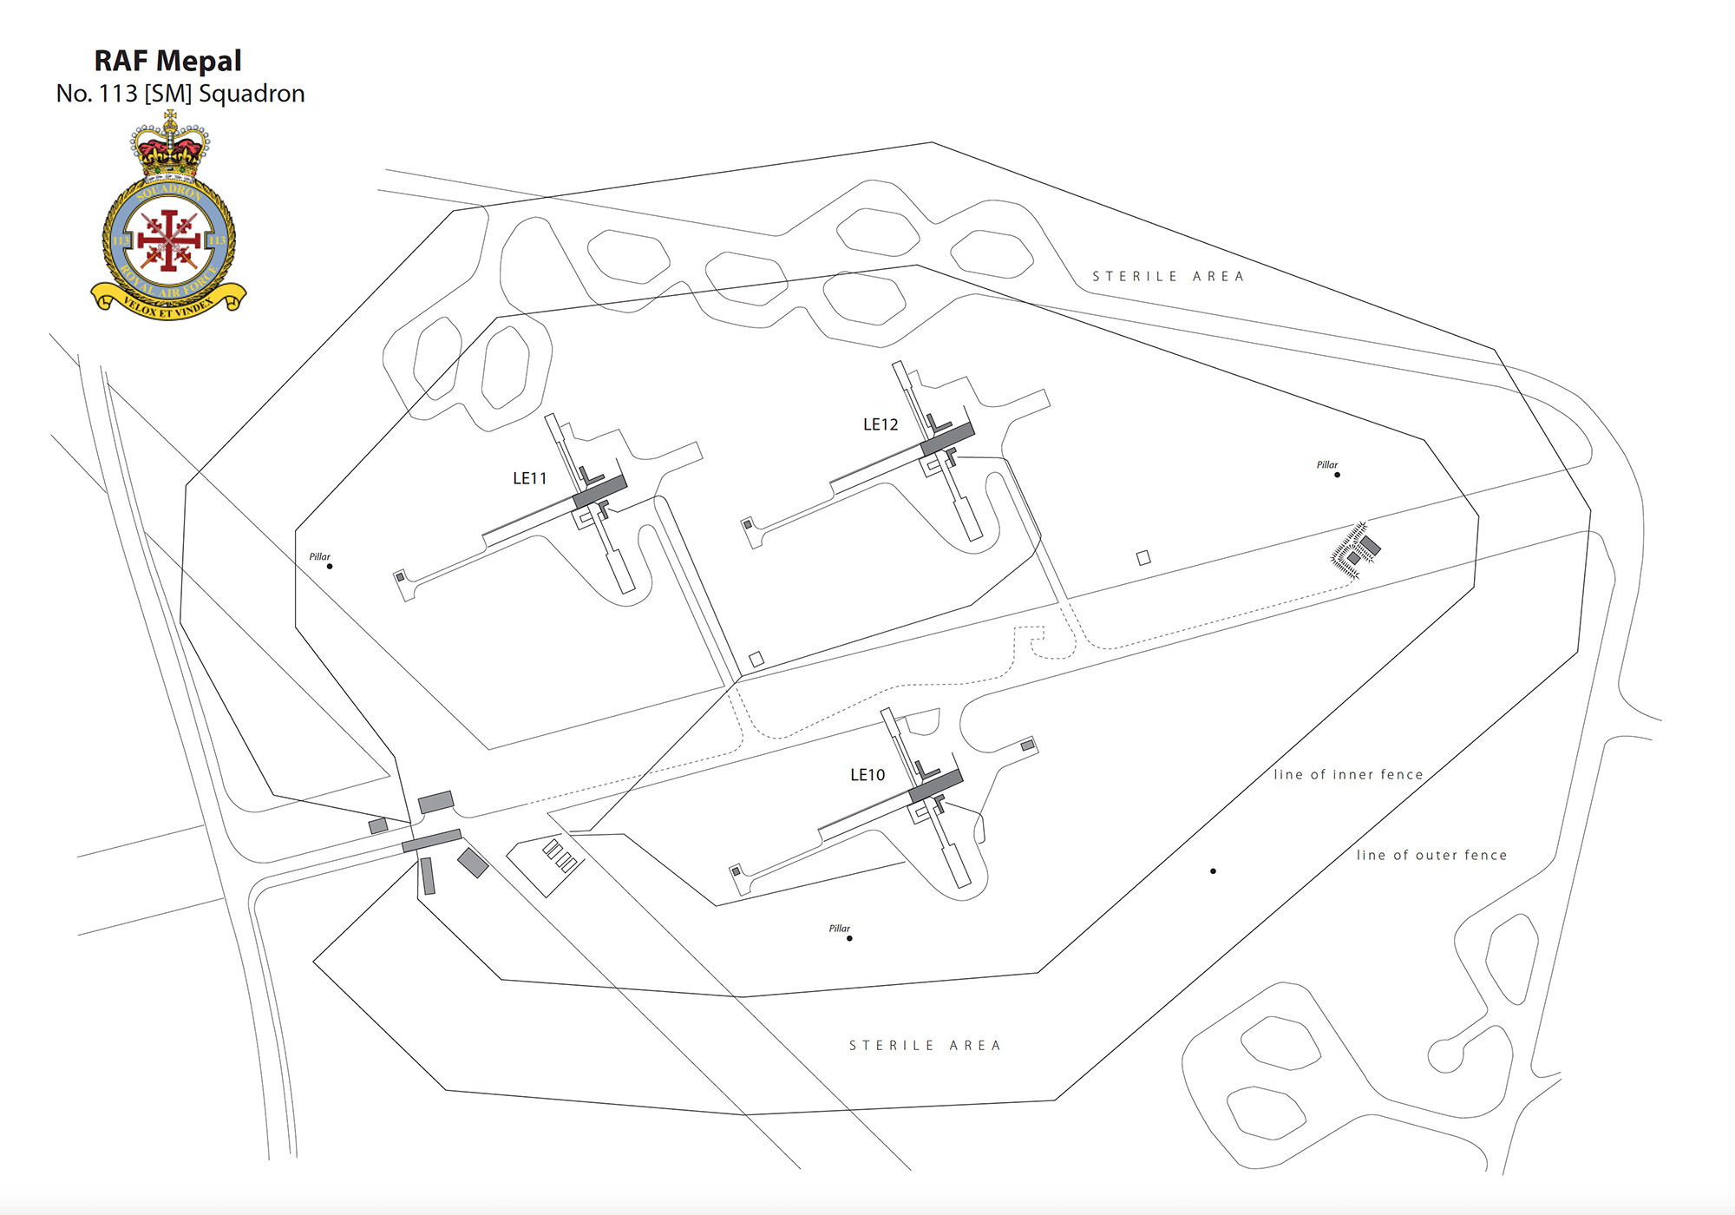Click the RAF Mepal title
(x=167, y=61)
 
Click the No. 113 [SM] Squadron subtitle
(x=180, y=94)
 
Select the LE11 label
(x=530, y=478)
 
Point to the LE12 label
(x=881, y=424)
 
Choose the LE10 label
(x=867, y=775)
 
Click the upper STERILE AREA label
(x=1168, y=277)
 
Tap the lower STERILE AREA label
(x=925, y=1046)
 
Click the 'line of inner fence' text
(x=1348, y=775)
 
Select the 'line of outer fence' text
(x=1431, y=856)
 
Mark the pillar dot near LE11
(x=330, y=567)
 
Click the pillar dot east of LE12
(x=1337, y=475)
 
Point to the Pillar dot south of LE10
(x=849, y=938)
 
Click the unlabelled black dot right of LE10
(x=1213, y=871)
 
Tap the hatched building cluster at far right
(x=1354, y=550)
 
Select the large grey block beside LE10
(x=935, y=785)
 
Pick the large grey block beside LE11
(x=599, y=492)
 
